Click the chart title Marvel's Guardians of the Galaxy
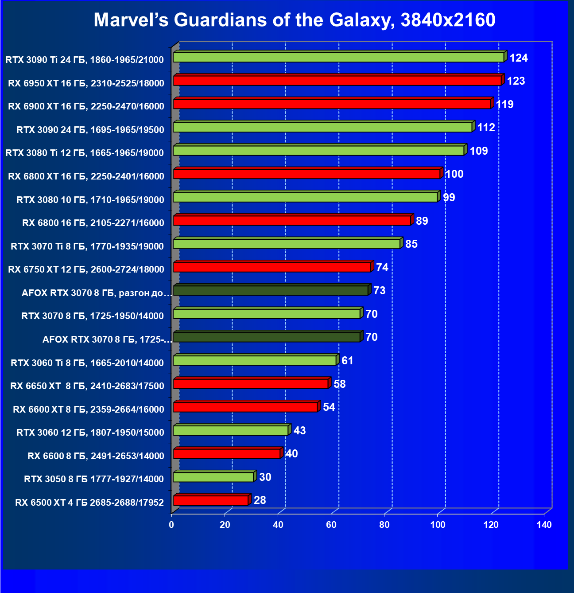click(295, 20)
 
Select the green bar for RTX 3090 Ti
click(338, 57)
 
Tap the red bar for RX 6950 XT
click(337, 81)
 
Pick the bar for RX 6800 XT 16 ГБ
click(306, 174)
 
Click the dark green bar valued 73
click(271, 291)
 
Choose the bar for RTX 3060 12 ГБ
click(230, 430)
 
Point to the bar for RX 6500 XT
click(211, 500)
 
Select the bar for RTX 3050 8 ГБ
click(213, 477)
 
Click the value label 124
click(519, 58)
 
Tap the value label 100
click(454, 174)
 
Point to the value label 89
click(422, 221)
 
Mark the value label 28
click(260, 500)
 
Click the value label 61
click(348, 361)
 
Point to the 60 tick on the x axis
click(331, 525)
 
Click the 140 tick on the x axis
click(544, 525)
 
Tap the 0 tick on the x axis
click(171, 525)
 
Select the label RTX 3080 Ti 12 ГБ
click(85, 153)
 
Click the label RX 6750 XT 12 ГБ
click(86, 269)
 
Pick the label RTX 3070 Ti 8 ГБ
click(87, 246)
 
